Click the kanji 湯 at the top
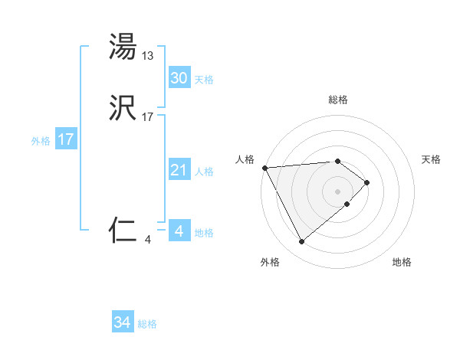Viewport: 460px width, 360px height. (x=123, y=47)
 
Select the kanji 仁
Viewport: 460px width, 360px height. (x=123, y=230)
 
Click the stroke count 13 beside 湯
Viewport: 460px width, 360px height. (x=149, y=55)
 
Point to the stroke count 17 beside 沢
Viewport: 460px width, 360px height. (x=149, y=117)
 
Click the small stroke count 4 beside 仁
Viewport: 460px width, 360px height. (x=147, y=240)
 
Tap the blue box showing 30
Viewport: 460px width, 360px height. (x=179, y=77)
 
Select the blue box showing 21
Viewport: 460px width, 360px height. (x=179, y=170)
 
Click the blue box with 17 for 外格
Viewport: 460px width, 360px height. (x=66, y=139)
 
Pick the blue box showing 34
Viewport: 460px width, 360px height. (x=123, y=322)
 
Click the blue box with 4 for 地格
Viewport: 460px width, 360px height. (x=179, y=231)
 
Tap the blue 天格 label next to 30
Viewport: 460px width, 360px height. (x=204, y=80)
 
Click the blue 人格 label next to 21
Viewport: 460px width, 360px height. (x=204, y=172)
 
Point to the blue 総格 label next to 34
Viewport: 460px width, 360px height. (x=147, y=324)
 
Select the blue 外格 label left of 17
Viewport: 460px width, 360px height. (x=41, y=141)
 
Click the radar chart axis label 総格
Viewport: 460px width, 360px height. (x=338, y=100)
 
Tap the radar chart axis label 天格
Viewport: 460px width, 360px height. (x=432, y=159)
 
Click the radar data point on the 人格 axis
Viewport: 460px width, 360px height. (x=264, y=167)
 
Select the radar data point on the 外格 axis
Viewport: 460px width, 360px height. (x=301, y=242)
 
